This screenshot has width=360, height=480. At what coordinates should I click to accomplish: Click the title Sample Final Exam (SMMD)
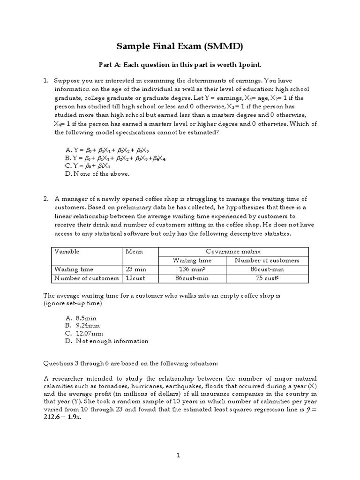coord(180,46)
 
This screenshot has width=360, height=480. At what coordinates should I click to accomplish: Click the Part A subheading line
coord(180,64)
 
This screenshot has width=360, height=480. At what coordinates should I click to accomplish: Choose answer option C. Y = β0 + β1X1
coord(88,165)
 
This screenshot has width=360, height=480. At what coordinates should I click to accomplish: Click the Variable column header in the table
coord(67,251)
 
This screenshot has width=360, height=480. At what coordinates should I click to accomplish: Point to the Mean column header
coord(135,251)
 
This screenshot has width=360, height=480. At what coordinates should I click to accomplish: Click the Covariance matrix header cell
coord(233,251)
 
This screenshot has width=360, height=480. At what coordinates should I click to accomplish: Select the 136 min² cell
coord(192,269)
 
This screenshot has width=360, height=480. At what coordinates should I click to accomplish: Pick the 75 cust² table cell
coord(267,278)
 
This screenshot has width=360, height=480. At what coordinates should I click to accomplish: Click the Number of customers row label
coord(87,278)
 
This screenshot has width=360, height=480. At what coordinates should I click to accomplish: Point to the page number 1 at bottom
coord(179,455)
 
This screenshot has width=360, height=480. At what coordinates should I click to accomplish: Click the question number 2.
coord(46,199)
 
